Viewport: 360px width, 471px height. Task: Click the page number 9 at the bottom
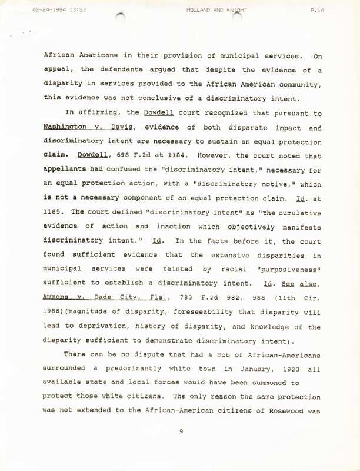pos(182,431)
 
